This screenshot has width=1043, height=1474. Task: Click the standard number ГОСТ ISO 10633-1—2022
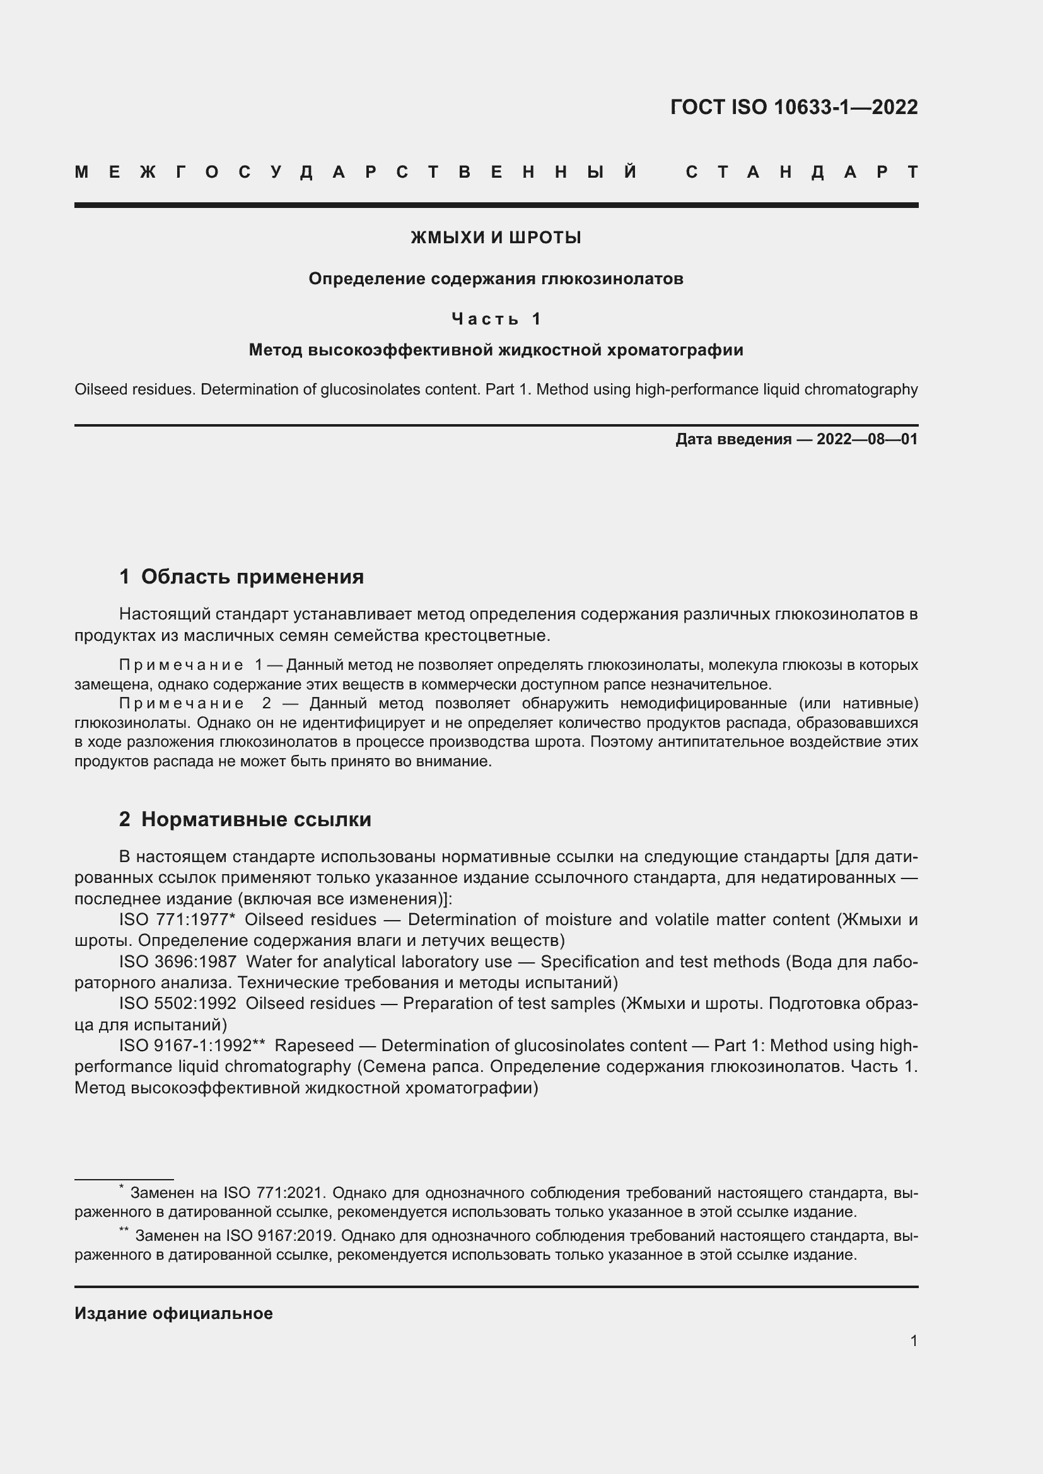click(x=794, y=107)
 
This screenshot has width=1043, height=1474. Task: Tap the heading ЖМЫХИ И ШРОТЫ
click(x=496, y=238)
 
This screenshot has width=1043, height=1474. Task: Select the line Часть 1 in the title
click(x=496, y=318)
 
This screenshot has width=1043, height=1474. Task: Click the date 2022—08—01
click(x=867, y=439)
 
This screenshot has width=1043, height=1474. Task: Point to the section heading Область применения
click(x=252, y=577)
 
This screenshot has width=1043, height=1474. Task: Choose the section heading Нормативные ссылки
click(x=255, y=819)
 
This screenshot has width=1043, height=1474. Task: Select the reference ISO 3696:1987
click(x=177, y=962)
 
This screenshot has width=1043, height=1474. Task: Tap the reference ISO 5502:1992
click(x=177, y=1003)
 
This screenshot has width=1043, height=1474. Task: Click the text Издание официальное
click(x=173, y=1313)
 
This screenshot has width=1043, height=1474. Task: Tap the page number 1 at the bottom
click(x=914, y=1340)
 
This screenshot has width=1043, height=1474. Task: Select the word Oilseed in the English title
click(x=101, y=389)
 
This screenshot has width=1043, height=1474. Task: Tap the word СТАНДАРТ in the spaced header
click(x=802, y=172)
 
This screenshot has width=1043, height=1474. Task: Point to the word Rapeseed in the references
click(x=314, y=1046)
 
